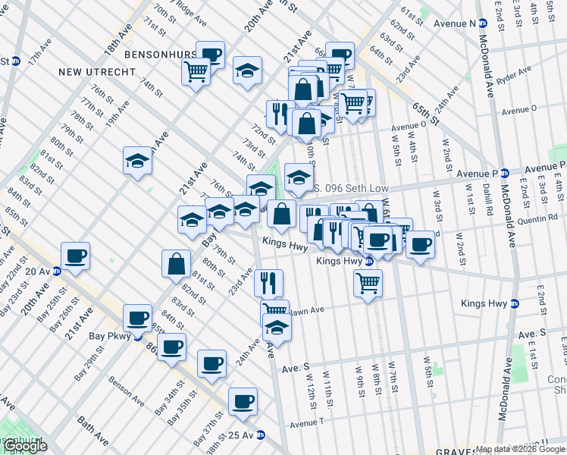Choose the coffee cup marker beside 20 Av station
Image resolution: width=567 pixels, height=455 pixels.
point(75,256)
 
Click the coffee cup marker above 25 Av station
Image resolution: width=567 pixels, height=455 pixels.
point(243,402)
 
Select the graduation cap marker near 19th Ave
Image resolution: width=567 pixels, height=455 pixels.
point(137,162)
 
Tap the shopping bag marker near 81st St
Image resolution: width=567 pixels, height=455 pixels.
point(176,265)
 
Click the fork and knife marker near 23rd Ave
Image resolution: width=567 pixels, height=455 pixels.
point(268,283)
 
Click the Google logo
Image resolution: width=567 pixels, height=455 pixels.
point(24,446)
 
